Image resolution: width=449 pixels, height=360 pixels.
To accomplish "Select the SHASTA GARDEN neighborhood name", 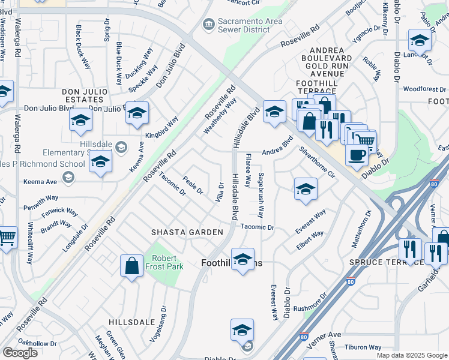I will coord(187,232).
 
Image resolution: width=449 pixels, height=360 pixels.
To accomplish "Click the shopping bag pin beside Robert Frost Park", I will coord(131,266).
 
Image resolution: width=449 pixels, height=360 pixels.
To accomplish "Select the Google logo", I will coord(20,352).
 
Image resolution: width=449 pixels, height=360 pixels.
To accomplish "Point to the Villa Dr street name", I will coord(221,193).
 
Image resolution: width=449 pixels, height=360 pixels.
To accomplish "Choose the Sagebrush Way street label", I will coord(262,195).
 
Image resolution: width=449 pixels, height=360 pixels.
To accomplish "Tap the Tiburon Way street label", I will coord(363,347).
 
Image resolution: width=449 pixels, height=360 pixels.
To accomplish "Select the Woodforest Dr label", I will coord(424,89).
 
